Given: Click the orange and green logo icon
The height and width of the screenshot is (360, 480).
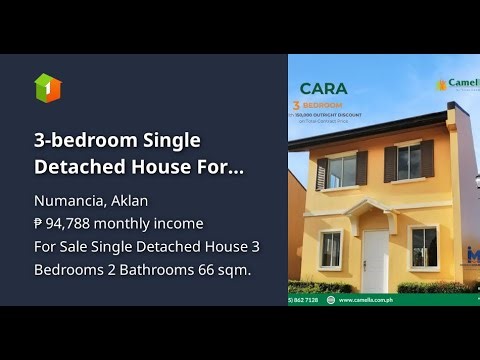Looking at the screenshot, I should click(47, 87).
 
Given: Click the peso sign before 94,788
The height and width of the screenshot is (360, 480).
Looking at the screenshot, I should click(40, 223).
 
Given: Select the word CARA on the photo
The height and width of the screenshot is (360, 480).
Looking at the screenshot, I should click(324, 89).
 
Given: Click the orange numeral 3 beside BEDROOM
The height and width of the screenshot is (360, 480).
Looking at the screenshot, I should click(296, 104).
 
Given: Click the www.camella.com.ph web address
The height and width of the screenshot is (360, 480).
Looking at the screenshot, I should click(381, 299).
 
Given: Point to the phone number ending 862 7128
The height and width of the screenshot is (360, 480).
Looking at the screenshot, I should click(306, 299).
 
